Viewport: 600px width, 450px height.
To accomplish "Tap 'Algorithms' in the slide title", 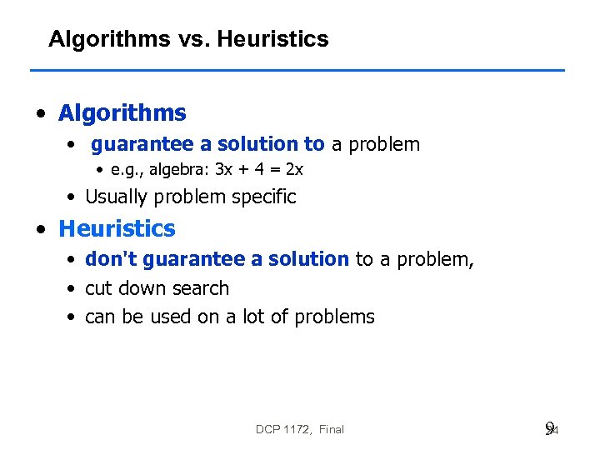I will point(108,39).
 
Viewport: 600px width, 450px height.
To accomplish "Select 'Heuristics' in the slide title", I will point(273,39).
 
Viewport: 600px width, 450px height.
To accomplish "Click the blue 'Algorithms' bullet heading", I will point(122,112).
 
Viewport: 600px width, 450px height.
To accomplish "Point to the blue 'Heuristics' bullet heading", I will point(117,228).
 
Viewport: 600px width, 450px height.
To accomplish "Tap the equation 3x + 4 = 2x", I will point(259,170).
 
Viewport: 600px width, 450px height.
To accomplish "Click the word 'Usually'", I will point(116,197).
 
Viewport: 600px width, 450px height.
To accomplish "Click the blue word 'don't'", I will point(111,259).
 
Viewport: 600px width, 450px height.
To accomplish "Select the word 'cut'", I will point(97,288).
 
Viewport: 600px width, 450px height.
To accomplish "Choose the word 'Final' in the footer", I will point(331,429).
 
